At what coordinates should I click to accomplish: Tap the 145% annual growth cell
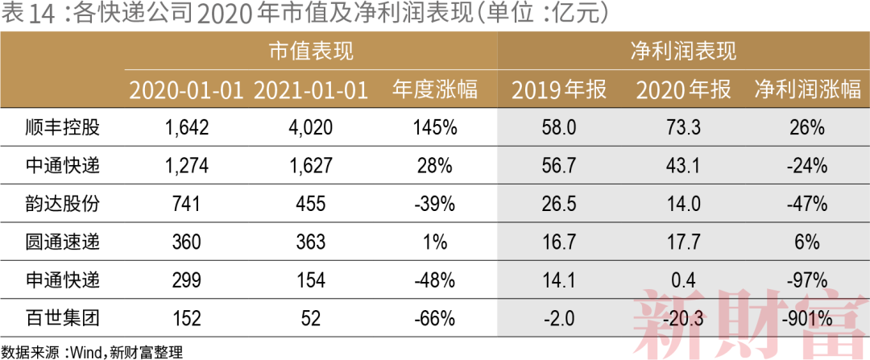(435, 127)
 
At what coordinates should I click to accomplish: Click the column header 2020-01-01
(186, 90)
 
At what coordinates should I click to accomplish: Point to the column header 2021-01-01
(311, 90)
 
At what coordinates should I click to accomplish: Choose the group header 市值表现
(311, 52)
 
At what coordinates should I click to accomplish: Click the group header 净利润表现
(683, 52)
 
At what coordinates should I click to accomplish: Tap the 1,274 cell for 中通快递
(186, 166)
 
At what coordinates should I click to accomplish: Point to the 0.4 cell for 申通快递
(683, 281)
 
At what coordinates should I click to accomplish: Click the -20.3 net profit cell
(683, 320)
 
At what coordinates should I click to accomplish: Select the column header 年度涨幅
(435, 90)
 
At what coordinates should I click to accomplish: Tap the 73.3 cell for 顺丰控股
(683, 127)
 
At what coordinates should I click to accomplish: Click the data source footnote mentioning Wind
(93, 350)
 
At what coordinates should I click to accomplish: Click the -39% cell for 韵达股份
(435, 205)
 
